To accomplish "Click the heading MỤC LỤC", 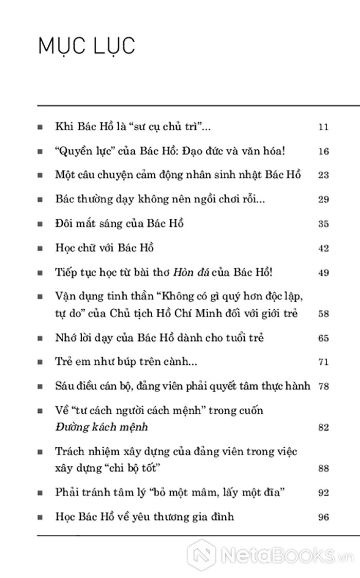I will click(x=86, y=46).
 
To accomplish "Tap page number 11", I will click(x=323, y=127).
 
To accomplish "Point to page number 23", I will click(x=323, y=175).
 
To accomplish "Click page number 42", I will click(x=323, y=249).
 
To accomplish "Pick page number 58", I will click(x=323, y=313).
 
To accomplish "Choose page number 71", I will click(x=323, y=362).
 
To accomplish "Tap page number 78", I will click(x=323, y=386).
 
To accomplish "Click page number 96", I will click(x=323, y=517).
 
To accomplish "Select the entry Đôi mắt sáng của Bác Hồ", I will click(x=119, y=223).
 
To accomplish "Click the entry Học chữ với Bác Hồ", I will click(x=104, y=248).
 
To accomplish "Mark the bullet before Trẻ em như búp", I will click(x=41, y=362).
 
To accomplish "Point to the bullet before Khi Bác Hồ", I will click(x=41, y=127).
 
